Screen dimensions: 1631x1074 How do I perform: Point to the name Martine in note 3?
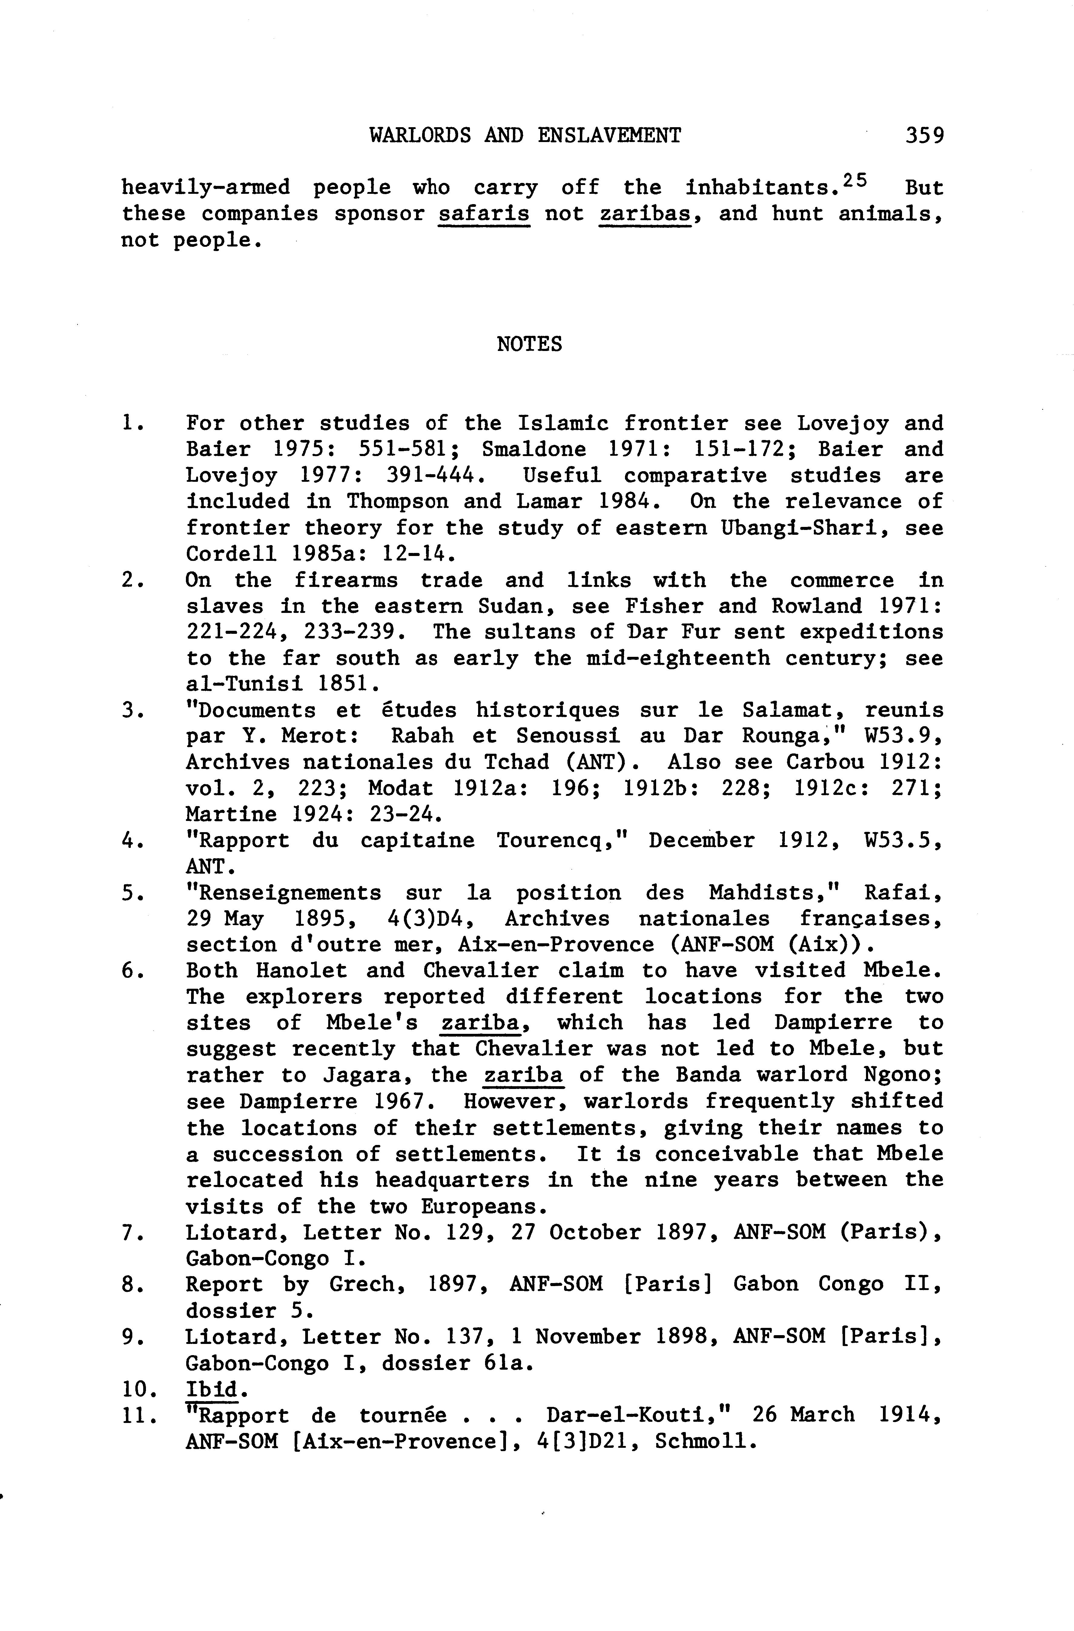pyautogui.click(x=231, y=815)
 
